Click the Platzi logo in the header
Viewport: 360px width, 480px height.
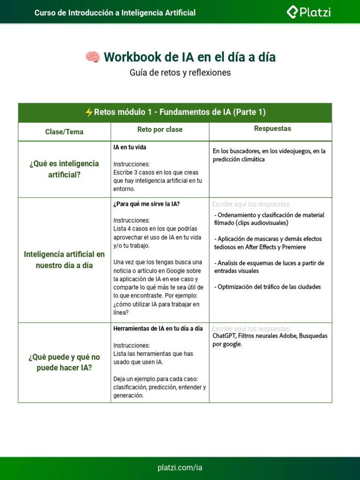coord(308,13)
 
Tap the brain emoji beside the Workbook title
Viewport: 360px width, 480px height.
coord(92,57)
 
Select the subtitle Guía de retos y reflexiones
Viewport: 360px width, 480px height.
coord(180,73)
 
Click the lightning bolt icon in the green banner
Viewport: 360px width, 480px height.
coord(89,112)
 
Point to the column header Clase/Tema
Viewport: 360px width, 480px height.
coord(64,132)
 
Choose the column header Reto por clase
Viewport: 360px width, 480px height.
coord(160,129)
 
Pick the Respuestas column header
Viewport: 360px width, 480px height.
coord(272,128)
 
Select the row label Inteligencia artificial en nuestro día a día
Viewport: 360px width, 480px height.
coord(64,260)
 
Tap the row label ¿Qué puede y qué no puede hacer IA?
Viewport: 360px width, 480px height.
coord(64,362)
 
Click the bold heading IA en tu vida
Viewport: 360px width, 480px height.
coord(130,147)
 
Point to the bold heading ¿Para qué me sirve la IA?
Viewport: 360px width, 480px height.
coord(146,204)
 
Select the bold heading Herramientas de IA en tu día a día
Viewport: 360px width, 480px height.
coord(158,329)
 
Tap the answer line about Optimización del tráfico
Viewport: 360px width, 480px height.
coord(267,287)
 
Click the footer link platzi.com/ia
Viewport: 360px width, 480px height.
coord(180,468)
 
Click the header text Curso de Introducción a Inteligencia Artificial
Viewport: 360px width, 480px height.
coord(115,13)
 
